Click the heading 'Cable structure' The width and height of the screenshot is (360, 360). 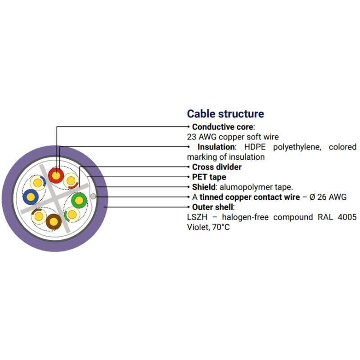point(225,114)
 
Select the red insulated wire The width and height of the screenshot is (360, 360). point(56,175)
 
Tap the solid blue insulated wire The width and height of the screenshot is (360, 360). point(31,196)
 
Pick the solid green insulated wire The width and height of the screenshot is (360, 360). point(79,199)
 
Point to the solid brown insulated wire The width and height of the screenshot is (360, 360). point(54,221)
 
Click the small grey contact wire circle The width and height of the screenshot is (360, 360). point(93,197)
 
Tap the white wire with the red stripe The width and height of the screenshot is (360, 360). point(71,181)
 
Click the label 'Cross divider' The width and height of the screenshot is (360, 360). point(216,167)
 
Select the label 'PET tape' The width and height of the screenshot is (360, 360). point(209,177)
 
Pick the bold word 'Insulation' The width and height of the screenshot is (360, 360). point(216,147)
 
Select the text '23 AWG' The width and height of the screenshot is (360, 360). point(200,137)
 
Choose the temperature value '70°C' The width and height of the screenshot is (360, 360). point(220,227)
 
